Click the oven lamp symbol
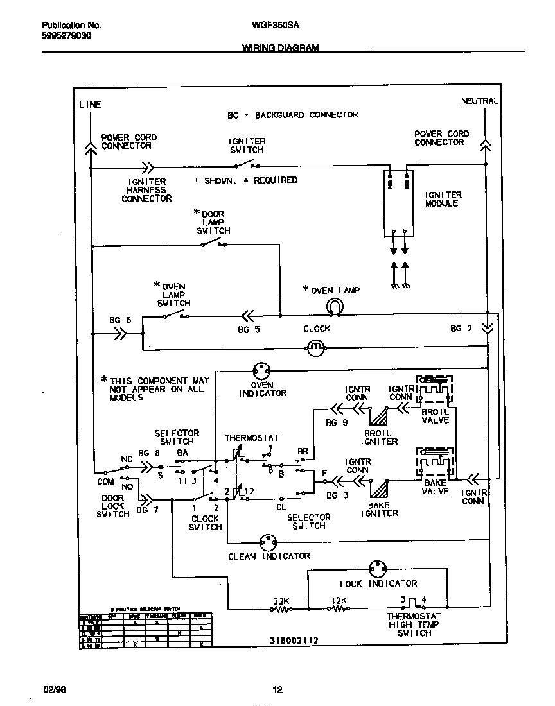click(335, 308)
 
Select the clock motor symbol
click(315, 349)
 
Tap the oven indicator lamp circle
click(261, 370)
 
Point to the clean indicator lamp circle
click(267, 542)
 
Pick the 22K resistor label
click(281, 601)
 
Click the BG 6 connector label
click(119, 320)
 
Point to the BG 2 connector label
click(461, 329)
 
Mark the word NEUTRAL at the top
click(479, 101)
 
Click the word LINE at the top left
click(90, 104)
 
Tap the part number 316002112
click(294, 641)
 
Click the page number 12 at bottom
click(277, 691)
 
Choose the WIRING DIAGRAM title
click(280, 48)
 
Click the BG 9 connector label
click(336, 423)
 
